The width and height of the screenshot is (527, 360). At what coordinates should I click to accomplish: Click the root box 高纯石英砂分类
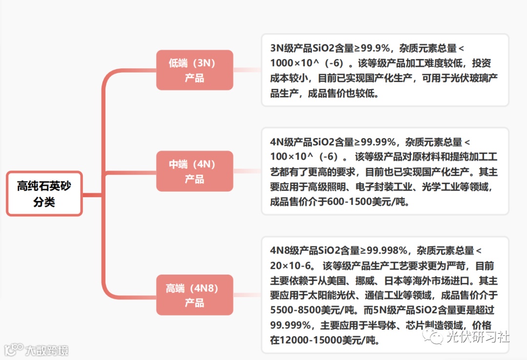pos(44,194)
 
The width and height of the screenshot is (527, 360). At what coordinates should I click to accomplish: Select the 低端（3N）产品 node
pos(194,70)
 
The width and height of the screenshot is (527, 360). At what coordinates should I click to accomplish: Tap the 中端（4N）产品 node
pos(194,171)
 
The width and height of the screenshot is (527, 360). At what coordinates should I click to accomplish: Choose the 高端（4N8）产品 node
pos(194,295)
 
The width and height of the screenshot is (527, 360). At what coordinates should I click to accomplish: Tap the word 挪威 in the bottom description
pos(373,280)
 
